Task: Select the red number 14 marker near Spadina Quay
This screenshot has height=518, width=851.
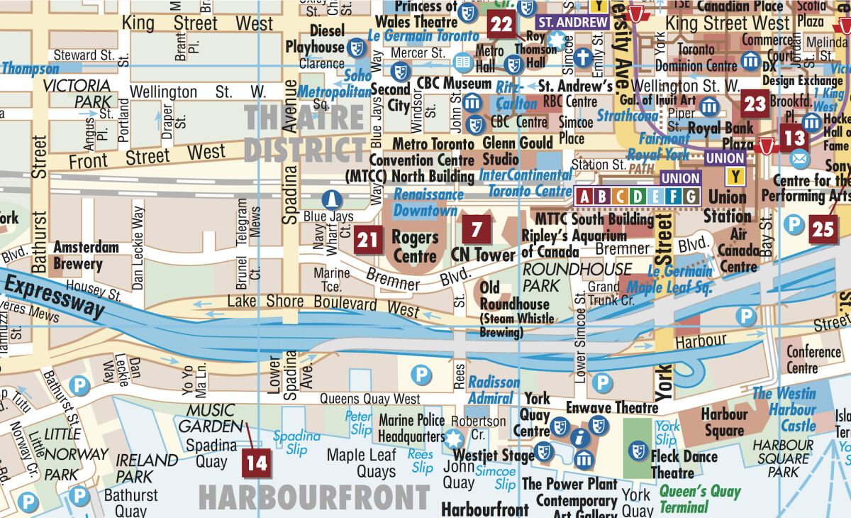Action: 256,463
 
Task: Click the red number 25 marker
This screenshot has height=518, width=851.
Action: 823,229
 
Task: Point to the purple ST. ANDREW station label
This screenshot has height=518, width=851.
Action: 573,22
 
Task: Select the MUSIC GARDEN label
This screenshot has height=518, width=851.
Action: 210,419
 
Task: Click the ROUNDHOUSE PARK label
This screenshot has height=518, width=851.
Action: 577,277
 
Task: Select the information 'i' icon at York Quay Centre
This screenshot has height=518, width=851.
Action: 582,437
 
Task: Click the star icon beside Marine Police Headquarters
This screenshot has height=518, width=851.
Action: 454,437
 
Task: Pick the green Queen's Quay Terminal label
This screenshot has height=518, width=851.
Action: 699,499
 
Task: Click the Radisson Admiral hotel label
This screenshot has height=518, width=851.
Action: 494,390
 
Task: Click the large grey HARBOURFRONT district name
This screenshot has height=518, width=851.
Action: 314,497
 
